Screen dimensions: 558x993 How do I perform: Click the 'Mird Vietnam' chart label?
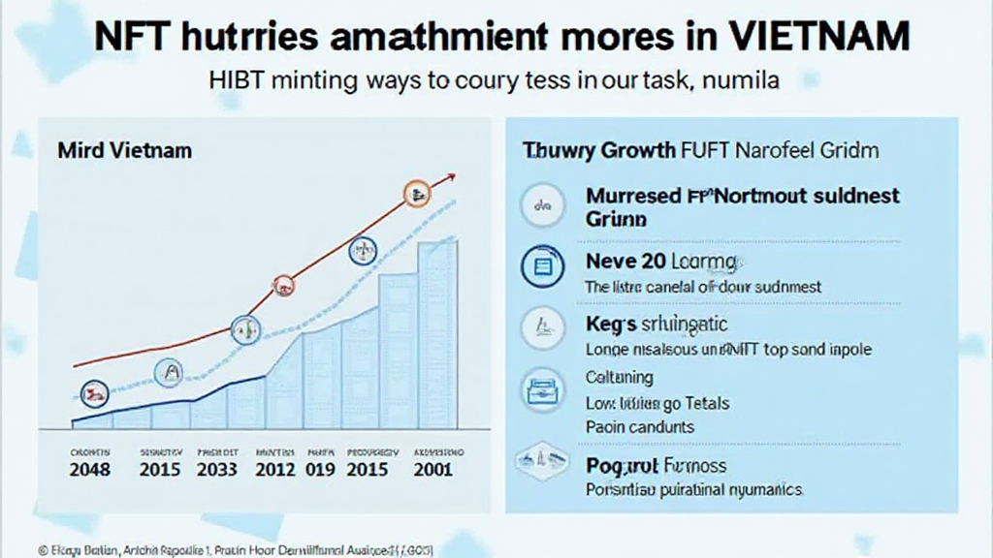click(124, 151)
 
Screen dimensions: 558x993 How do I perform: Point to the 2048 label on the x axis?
click(90, 470)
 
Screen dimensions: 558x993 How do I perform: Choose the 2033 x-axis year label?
click(217, 470)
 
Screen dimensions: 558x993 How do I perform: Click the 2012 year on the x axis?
click(275, 470)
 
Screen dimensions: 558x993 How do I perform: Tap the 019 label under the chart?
click(322, 470)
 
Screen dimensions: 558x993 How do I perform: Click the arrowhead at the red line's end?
click(450, 177)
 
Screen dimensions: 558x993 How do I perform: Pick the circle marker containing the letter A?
click(169, 371)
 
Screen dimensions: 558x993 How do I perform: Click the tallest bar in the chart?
click(438, 334)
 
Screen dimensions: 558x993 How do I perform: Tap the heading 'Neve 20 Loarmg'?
click(661, 262)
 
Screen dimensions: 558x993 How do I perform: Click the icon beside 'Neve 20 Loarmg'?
click(542, 265)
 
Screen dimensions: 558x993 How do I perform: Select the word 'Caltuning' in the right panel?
click(620, 378)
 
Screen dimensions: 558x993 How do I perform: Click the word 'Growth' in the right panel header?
click(625, 151)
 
